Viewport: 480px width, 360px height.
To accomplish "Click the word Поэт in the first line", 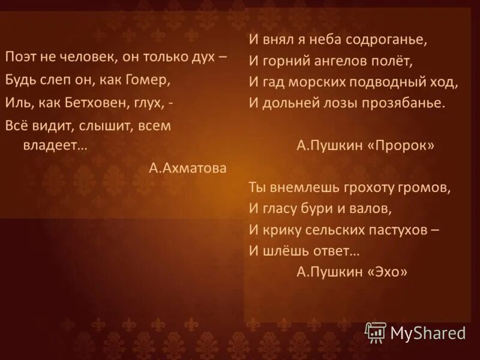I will [x=22, y=56].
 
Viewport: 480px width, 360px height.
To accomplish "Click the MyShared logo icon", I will [x=376, y=331].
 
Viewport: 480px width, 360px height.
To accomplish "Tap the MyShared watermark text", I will [x=428, y=332].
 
